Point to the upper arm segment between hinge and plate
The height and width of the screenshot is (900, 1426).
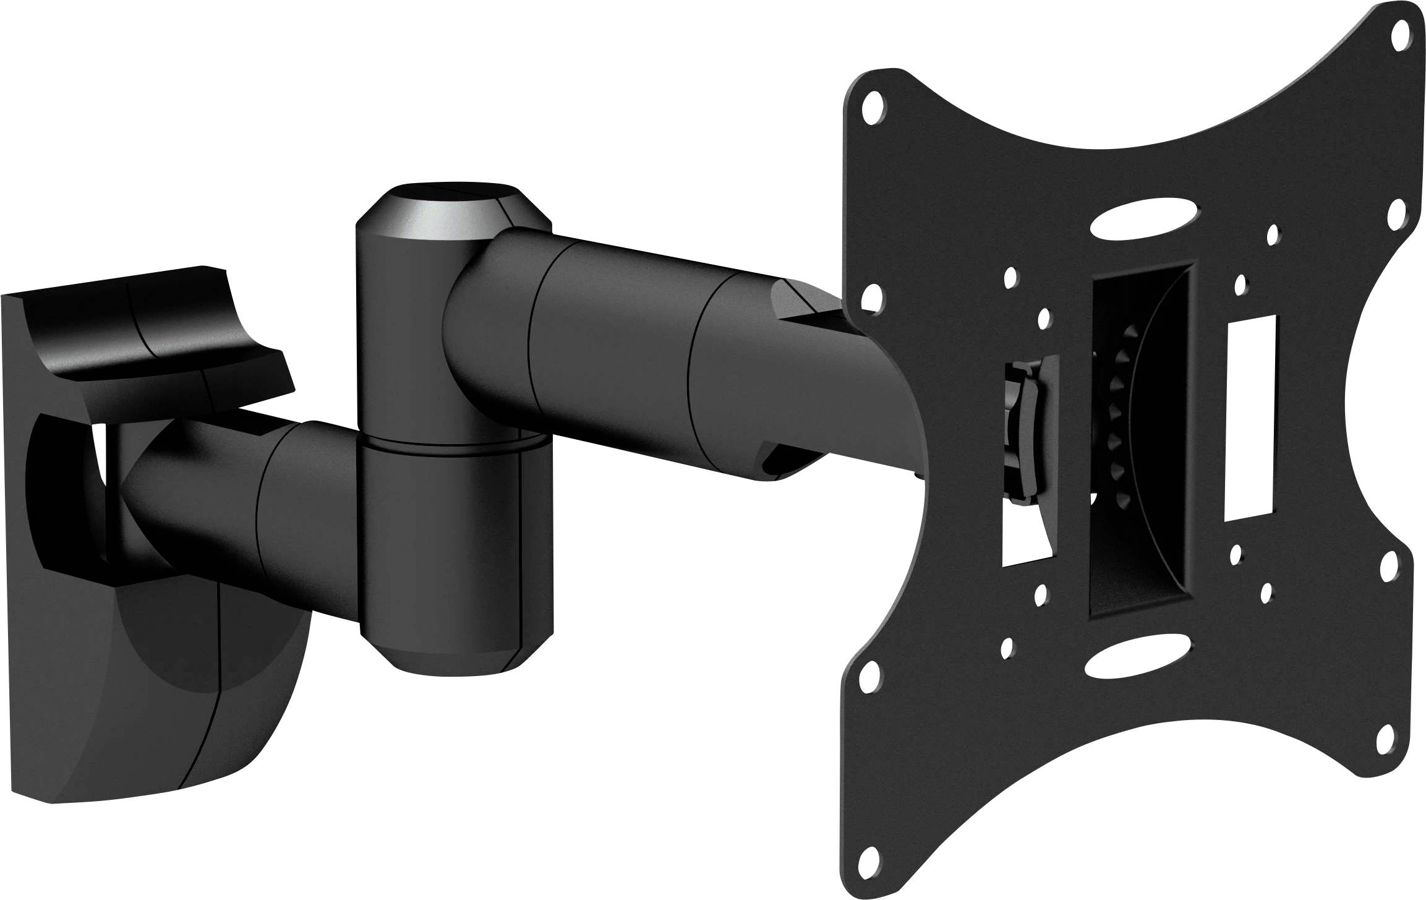tap(618, 346)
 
